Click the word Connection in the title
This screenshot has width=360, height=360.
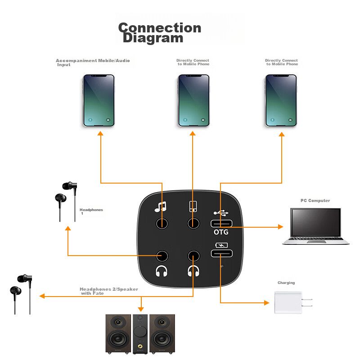[x=159, y=28]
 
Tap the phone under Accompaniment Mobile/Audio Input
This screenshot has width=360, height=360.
[x=99, y=100]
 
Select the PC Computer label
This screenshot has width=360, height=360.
[x=315, y=201]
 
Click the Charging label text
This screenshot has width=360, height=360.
[x=286, y=283]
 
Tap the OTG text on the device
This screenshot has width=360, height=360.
[x=221, y=232]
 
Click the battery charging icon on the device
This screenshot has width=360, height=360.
[x=221, y=245]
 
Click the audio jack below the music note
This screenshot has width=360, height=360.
[x=162, y=223]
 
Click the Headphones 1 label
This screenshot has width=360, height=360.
[x=91, y=211]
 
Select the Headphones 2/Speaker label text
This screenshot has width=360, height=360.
[x=108, y=291]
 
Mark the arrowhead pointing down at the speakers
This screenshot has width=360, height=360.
[x=141, y=309]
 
